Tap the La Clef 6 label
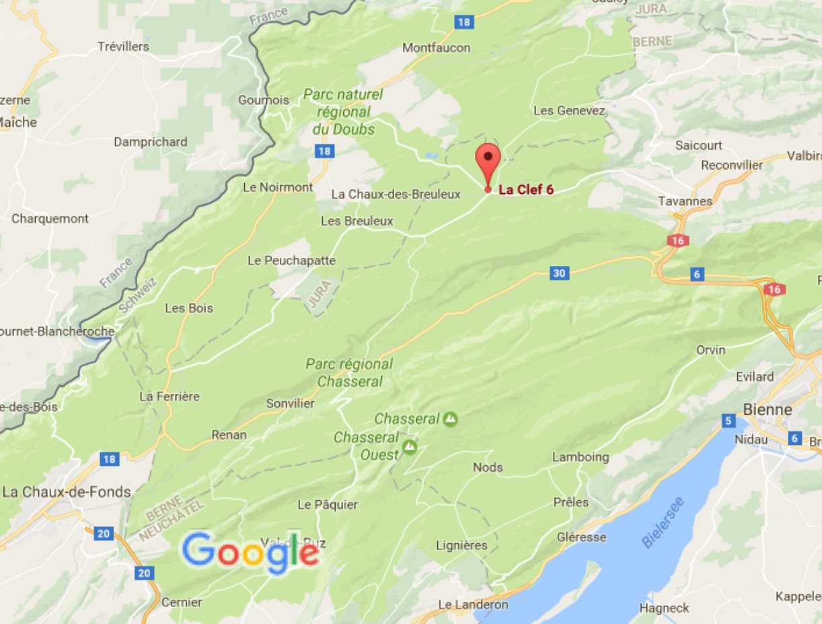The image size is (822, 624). click(526, 190)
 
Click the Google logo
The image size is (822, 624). click(250, 552)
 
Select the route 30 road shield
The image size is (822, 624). click(558, 273)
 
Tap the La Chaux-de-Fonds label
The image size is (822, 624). click(67, 492)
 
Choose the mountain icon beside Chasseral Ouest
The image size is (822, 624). click(409, 446)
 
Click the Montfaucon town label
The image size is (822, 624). click(436, 48)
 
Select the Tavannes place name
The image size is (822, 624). click(685, 201)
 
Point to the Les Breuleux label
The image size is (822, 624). click(357, 221)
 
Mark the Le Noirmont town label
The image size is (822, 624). click(278, 187)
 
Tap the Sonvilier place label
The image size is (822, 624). click(290, 403)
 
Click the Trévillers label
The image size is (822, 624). click(123, 46)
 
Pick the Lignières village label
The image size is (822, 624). click(461, 545)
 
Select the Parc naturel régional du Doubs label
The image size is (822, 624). click(343, 112)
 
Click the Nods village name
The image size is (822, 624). click(488, 467)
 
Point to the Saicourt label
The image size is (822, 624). click(699, 145)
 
